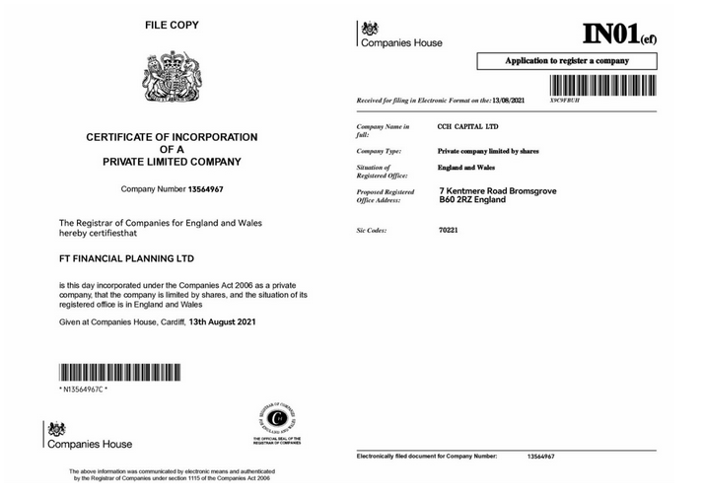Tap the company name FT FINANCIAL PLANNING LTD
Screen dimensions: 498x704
coord(127,258)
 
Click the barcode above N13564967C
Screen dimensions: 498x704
coord(119,374)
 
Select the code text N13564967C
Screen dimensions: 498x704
coord(84,391)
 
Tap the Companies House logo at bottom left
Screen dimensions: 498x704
coord(88,436)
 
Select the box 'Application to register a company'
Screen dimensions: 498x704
coord(567,61)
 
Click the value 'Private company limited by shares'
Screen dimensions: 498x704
coord(488,151)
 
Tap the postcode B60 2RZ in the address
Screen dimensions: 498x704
coord(458,199)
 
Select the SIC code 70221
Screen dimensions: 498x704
coord(448,230)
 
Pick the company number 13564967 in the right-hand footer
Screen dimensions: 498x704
coord(541,458)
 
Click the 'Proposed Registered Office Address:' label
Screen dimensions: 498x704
coord(386,195)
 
